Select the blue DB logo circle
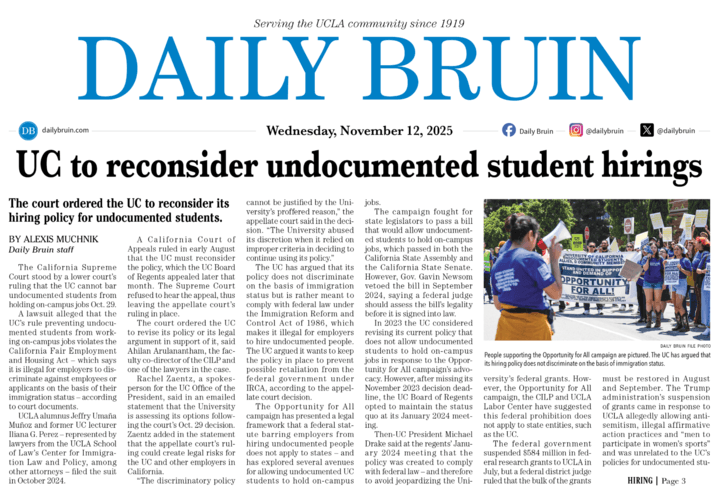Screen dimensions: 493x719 pos(27,131)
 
